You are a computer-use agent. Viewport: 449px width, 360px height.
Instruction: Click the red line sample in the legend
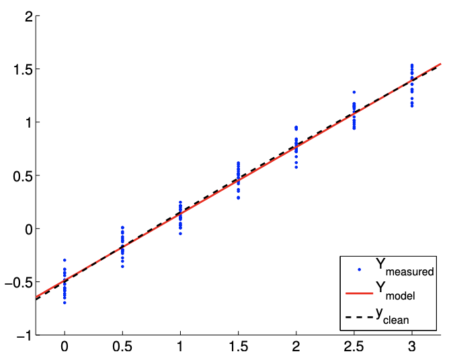(x=359, y=293)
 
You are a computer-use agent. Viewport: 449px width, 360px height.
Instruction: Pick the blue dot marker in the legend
(x=359, y=269)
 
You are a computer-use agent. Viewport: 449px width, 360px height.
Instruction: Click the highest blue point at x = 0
(x=65, y=260)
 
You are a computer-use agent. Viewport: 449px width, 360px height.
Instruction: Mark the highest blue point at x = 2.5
(x=354, y=92)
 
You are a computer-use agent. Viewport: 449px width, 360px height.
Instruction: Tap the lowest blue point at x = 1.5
(x=238, y=198)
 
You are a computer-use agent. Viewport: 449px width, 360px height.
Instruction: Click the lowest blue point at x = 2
(x=296, y=167)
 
